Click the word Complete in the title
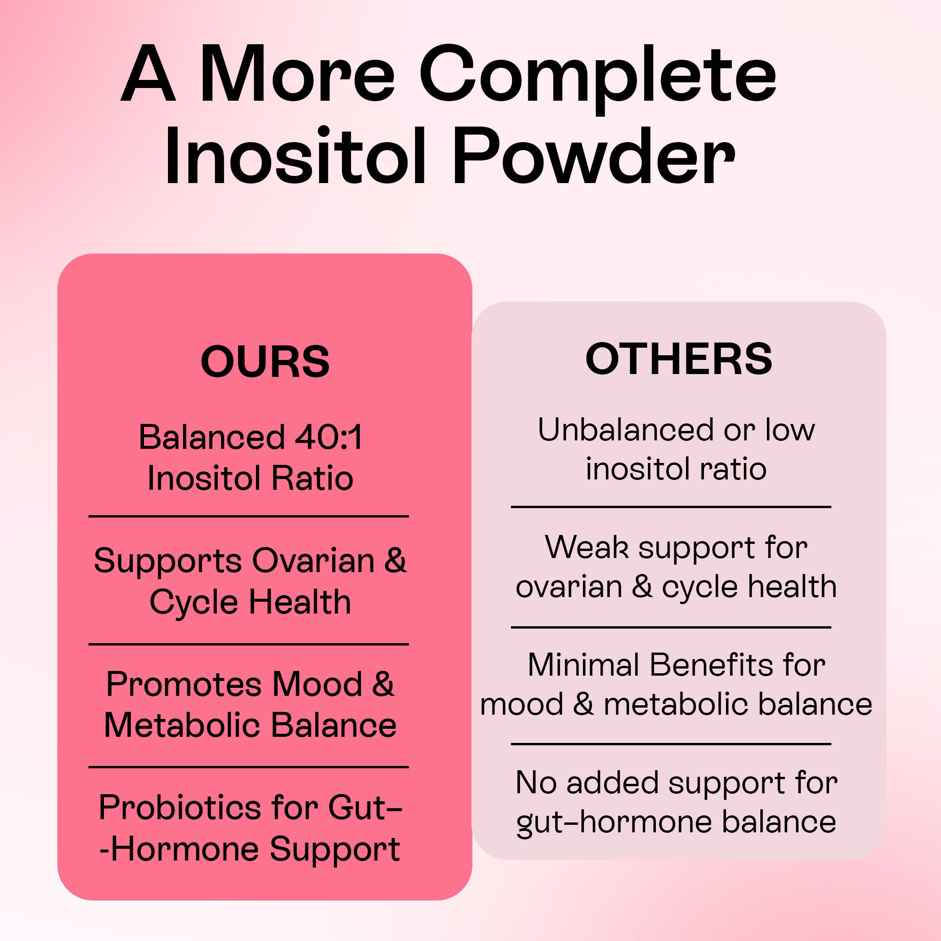(597, 77)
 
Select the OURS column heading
(265, 362)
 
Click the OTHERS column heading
(678, 359)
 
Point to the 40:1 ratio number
(329, 437)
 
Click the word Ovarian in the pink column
(313, 561)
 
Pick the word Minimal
(583, 665)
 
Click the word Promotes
(185, 684)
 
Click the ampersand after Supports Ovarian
(395, 561)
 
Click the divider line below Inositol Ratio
(248, 516)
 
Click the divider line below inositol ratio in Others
(670, 507)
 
